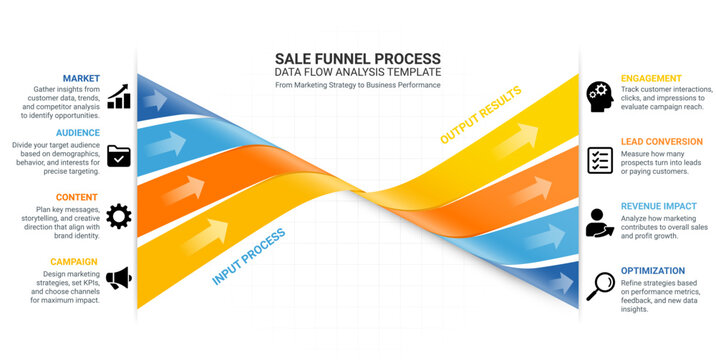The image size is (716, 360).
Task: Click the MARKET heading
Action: [x=81, y=78]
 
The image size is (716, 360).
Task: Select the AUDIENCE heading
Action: [x=77, y=132]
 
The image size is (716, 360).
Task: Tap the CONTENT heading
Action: [x=78, y=197]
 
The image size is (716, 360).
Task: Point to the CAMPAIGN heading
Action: [x=74, y=262]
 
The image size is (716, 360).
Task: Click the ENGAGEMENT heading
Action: [x=651, y=78]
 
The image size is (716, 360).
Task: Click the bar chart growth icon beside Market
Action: [x=120, y=95]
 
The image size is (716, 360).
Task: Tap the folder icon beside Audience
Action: [x=119, y=155]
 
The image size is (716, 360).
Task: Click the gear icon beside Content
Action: [x=119, y=215]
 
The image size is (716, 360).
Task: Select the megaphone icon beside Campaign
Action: [x=119, y=277]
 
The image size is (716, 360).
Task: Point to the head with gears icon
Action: [x=600, y=95]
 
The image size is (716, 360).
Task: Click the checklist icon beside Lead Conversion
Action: [x=600, y=159]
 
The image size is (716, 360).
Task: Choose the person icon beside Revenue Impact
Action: [x=600, y=223]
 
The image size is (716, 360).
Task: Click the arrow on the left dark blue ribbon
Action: [x=155, y=98]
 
